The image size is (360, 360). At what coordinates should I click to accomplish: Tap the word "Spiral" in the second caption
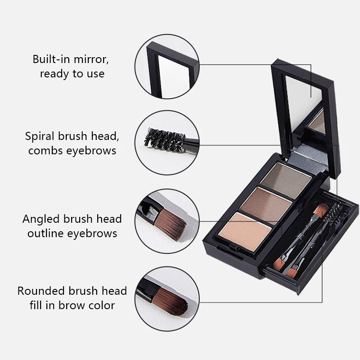[x=40, y=136]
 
